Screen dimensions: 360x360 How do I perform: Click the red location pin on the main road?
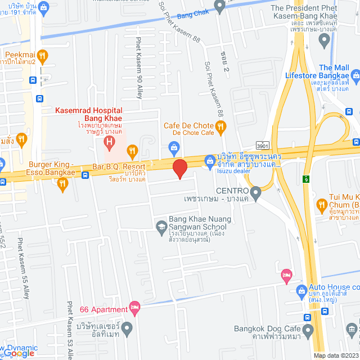[179, 169]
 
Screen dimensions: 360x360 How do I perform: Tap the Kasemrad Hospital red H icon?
[110, 139]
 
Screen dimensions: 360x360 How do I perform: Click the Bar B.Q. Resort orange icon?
[133, 150]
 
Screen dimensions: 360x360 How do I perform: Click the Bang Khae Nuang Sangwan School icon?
[161, 226]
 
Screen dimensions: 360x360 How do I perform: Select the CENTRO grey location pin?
[256, 195]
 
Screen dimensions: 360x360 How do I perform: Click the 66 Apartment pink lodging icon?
[134, 307]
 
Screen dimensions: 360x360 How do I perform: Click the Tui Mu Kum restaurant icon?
[323, 204]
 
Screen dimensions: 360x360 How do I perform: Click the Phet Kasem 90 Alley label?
[139, 67]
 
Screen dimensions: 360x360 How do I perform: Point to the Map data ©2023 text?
[335, 355]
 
